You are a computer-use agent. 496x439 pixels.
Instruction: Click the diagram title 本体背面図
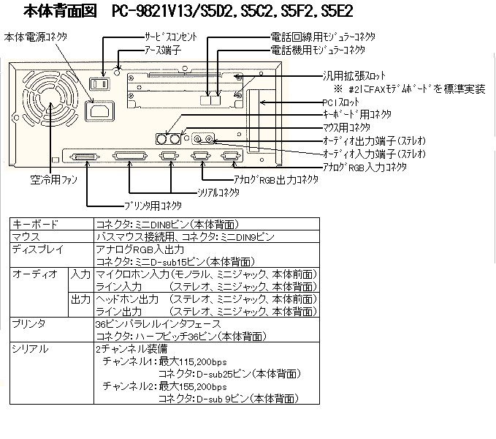pos(60,11)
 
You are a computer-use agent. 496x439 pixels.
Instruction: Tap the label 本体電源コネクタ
pos(36,37)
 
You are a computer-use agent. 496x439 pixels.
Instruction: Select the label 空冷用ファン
pos(54,179)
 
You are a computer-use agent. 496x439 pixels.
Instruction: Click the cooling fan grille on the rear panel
pos(50,97)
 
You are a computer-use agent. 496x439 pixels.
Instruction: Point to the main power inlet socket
pos(99,111)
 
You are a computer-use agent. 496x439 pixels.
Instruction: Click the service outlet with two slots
pos(99,84)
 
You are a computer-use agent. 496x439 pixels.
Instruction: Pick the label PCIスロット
pos(341,102)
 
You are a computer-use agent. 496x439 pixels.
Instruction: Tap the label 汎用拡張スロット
pos(354,75)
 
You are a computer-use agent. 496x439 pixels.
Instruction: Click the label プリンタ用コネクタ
pos(153,206)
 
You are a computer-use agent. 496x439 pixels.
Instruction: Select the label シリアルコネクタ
pos(218,192)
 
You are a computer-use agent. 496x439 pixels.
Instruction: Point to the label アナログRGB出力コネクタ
pos(276,180)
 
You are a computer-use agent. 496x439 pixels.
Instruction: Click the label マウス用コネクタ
pos(346,127)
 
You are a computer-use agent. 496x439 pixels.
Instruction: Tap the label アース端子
pos(163,50)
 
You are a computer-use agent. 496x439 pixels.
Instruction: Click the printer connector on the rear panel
pos(85,157)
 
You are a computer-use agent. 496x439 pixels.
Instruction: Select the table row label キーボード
pos(35,224)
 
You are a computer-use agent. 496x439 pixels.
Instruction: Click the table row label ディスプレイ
pos(38,249)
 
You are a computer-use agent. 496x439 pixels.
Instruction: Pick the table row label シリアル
pos(30,349)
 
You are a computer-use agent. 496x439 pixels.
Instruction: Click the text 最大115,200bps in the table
pos(193,361)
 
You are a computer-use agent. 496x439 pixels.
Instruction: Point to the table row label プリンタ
pos(28,323)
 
